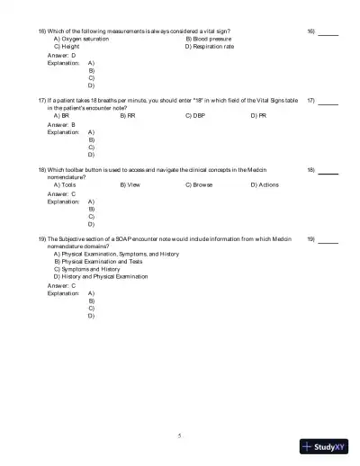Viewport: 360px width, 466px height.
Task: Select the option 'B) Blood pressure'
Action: (209, 39)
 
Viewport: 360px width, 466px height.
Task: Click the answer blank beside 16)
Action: (328, 33)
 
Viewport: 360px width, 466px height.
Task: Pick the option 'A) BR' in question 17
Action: (61, 116)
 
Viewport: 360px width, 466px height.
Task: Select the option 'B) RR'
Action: (128, 116)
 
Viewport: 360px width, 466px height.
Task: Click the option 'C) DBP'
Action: (195, 116)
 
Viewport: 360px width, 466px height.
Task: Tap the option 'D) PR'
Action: (258, 116)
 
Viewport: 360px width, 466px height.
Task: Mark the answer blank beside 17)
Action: (328, 103)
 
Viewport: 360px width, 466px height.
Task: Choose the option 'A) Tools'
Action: (65, 184)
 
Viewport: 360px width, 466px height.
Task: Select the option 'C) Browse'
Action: (199, 184)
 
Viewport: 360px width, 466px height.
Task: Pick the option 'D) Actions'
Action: (265, 184)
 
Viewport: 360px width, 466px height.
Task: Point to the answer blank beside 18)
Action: (328, 171)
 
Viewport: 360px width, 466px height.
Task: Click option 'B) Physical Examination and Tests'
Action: (98, 262)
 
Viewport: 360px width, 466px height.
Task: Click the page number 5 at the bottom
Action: (179, 435)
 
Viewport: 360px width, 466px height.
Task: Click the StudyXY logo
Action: (325, 446)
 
